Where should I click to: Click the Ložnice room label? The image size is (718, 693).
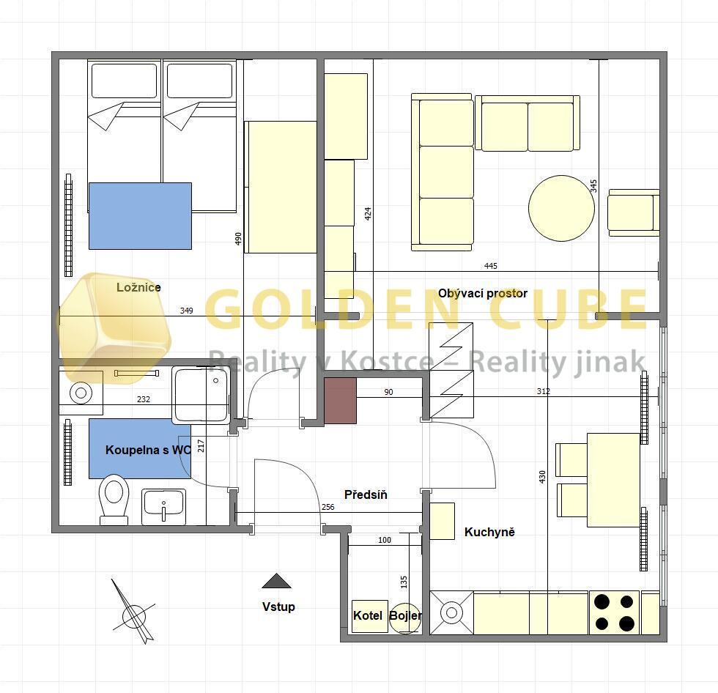(138, 287)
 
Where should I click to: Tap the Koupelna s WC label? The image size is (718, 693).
(148, 450)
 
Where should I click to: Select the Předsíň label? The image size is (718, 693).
(366, 494)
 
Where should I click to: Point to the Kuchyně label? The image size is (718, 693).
(489, 532)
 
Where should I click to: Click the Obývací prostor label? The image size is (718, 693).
(483, 294)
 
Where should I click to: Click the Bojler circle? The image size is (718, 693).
(405, 616)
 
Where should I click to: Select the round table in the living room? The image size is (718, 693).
(561, 208)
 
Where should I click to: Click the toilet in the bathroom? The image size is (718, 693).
(114, 499)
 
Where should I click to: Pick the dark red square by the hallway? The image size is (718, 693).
(340, 401)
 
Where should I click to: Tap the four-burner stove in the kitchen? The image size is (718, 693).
(614, 613)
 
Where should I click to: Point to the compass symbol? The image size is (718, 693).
(133, 612)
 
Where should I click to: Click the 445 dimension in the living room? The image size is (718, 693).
(490, 266)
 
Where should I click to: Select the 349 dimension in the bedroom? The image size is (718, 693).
(186, 311)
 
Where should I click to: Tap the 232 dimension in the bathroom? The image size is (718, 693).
(144, 399)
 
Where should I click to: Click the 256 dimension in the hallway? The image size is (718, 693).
(328, 507)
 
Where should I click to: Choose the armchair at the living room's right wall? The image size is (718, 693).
(634, 213)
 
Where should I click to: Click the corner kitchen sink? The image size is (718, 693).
(451, 613)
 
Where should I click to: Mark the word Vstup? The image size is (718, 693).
(278, 607)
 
